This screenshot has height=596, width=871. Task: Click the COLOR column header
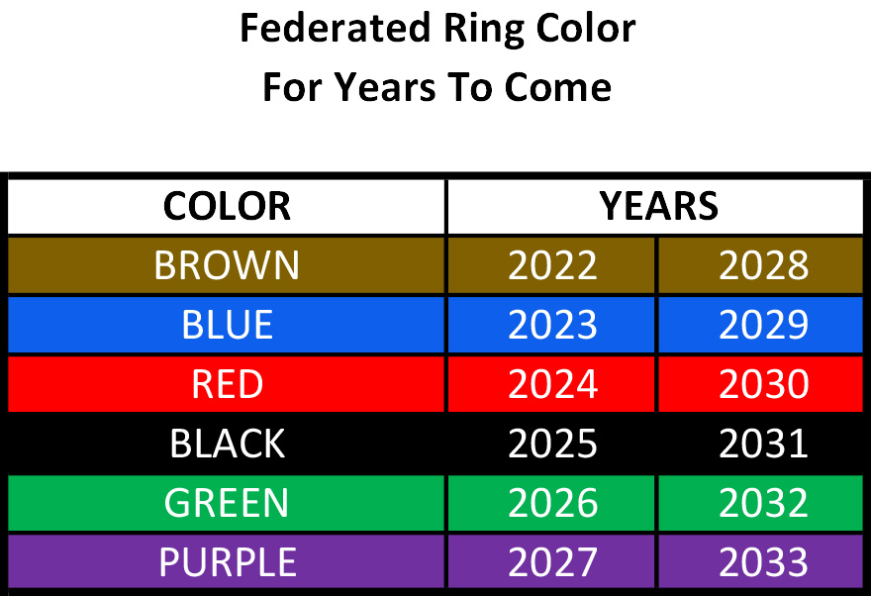pos(227,206)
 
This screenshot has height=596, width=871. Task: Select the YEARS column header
pos(658,206)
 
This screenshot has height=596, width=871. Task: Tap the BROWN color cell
pos(227,265)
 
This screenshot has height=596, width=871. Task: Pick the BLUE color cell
pos(227,325)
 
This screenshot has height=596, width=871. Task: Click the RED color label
pos(227,384)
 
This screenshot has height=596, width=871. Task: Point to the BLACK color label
pos(227,444)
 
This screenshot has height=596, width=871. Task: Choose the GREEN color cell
pos(227,503)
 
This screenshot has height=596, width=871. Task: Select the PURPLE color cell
pos(227,562)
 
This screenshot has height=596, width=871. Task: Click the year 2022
pos(552,265)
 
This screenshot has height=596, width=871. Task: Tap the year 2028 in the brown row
pos(763,265)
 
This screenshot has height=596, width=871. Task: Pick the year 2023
pos(552,325)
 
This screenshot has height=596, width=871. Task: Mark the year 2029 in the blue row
pos(763,325)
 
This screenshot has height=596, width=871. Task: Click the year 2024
pos(552,384)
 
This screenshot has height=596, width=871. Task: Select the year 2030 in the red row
pos(763,384)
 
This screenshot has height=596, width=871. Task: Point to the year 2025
pos(552,444)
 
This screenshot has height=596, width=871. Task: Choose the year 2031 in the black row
pos(763,444)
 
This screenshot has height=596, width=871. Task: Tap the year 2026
pos(552,503)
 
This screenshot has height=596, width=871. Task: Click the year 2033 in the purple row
pos(763,562)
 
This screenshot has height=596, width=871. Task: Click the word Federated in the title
pos(336,28)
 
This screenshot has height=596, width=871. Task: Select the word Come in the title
pos(557,88)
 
